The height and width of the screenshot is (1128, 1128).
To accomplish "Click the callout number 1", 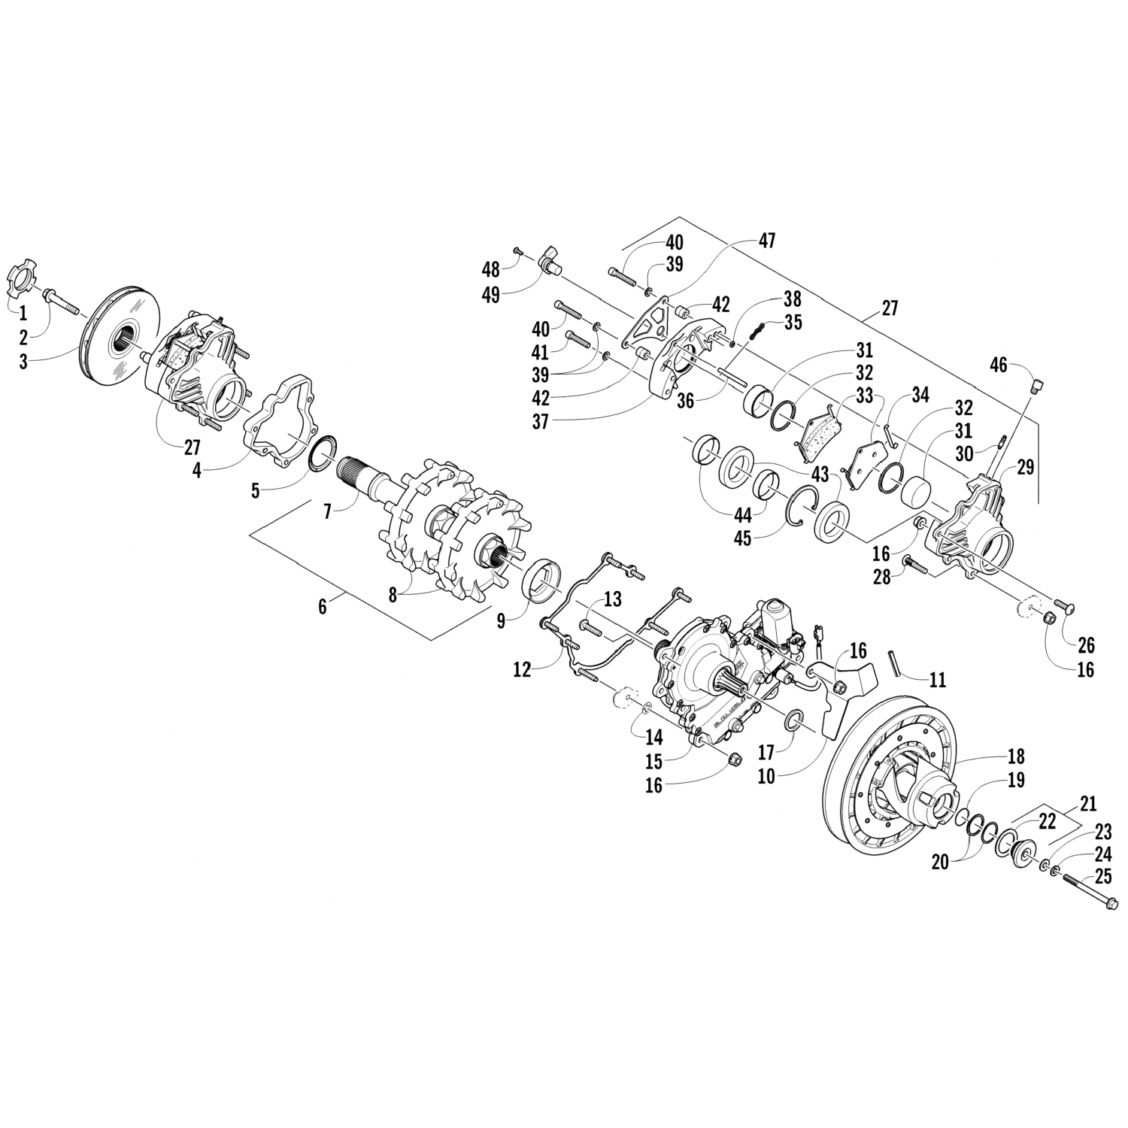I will click(23, 311).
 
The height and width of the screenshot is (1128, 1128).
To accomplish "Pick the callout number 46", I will click(998, 365).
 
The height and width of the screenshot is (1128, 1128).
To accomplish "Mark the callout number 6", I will click(323, 607).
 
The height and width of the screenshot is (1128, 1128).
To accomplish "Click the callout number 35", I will click(792, 322).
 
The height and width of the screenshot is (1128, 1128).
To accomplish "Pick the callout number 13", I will click(613, 599).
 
